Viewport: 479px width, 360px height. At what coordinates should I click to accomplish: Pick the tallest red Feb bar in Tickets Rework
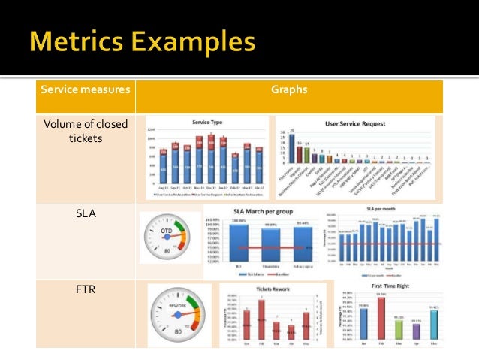coord(262,319)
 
